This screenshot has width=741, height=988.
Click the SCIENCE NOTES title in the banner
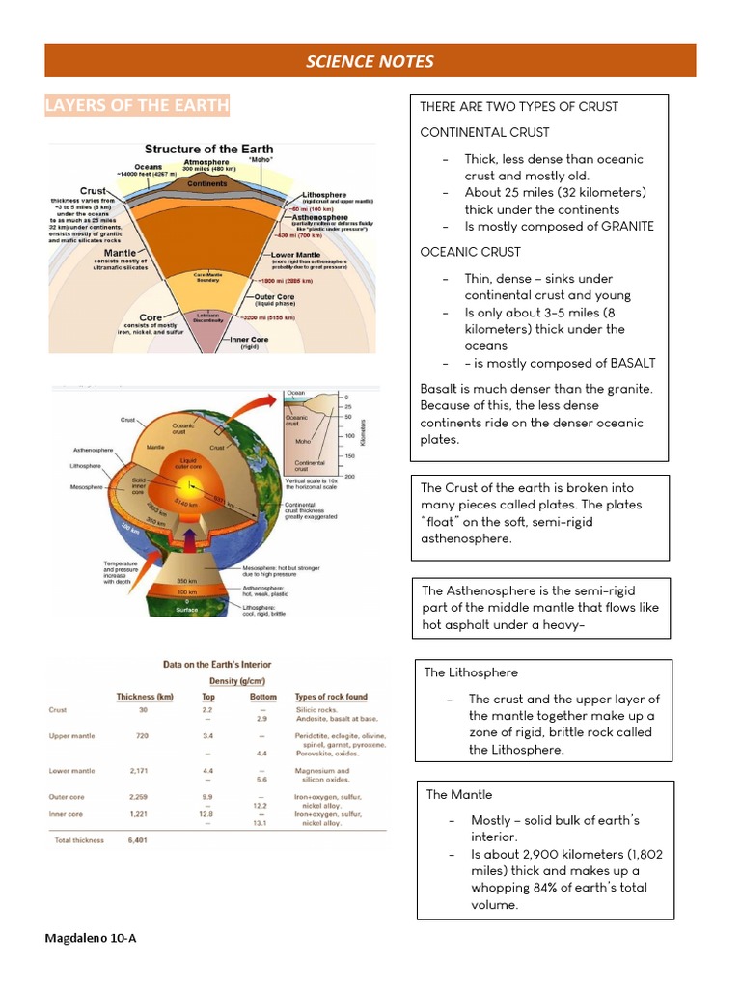point(370,62)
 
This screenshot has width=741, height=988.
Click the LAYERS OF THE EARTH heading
point(137,105)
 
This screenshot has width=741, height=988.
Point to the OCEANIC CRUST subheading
point(470,252)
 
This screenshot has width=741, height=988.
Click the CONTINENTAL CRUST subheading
point(484,132)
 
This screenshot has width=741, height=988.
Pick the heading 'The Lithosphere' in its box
point(471,672)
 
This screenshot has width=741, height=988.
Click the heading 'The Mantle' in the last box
point(459,794)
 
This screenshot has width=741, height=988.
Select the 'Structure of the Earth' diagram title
point(208,149)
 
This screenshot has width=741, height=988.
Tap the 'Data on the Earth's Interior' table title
point(217,665)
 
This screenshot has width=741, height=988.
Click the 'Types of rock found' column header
point(331,697)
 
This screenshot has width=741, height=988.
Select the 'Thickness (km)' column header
point(145,697)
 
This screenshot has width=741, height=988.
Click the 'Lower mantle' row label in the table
point(72,771)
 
